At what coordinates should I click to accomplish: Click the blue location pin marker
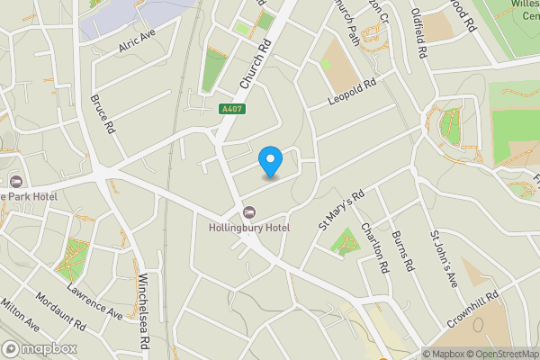(270, 161)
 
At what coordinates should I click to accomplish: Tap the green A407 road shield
(232, 109)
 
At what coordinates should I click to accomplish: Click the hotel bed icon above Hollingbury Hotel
(247, 212)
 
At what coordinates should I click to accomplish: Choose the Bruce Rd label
(103, 113)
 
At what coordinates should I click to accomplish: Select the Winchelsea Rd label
(147, 302)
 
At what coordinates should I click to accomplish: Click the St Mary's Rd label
(340, 210)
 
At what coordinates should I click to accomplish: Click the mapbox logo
(40, 348)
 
